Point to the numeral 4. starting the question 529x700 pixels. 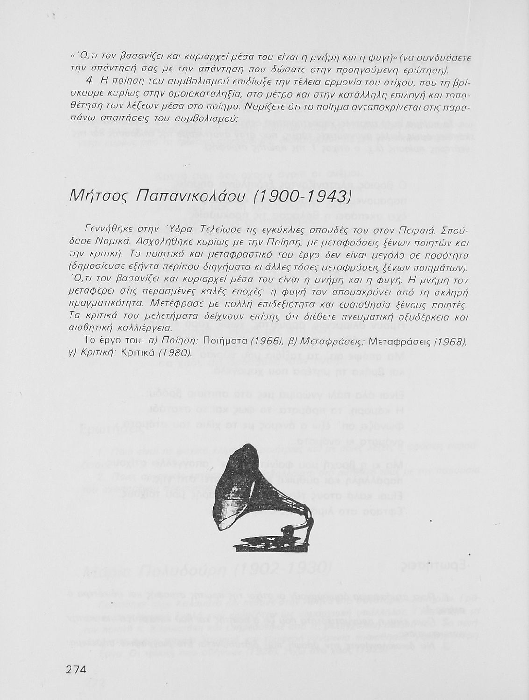[91, 83]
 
